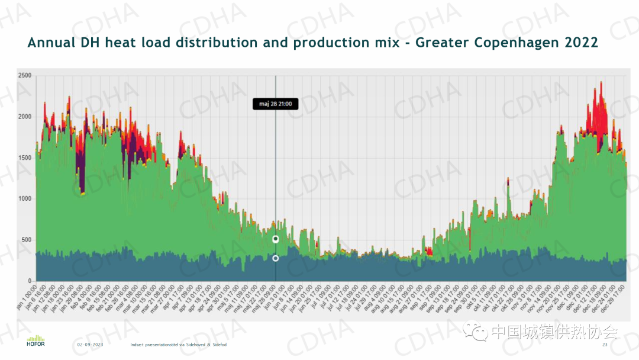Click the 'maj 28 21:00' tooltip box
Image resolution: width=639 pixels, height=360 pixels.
click(x=275, y=104)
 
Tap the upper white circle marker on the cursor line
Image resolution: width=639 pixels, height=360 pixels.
click(x=276, y=239)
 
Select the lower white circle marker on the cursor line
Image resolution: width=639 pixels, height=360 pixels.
click(x=276, y=258)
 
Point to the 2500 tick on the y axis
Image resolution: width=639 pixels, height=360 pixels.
click(x=24, y=76)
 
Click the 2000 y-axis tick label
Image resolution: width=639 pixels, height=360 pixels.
click(x=24, y=117)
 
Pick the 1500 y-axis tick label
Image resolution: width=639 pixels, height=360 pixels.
click(x=24, y=157)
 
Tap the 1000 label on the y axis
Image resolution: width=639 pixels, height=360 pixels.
click(x=24, y=198)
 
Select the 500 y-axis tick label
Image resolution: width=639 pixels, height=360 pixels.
click(x=27, y=240)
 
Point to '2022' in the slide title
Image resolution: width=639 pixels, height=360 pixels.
click(x=581, y=43)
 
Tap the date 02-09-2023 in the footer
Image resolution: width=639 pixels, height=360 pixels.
click(x=90, y=345)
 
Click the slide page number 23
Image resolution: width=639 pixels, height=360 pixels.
click(x=605, y=345)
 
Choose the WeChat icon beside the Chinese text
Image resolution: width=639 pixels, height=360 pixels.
click(x=476, y=331)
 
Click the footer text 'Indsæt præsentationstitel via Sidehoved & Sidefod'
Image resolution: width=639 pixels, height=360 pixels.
click(x=179, y=345)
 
